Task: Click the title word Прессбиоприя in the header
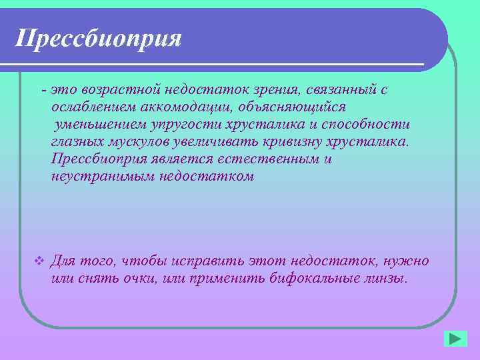tap(99, 39)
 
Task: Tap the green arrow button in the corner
tap(456, 339)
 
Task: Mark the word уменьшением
tap(99, 125)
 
